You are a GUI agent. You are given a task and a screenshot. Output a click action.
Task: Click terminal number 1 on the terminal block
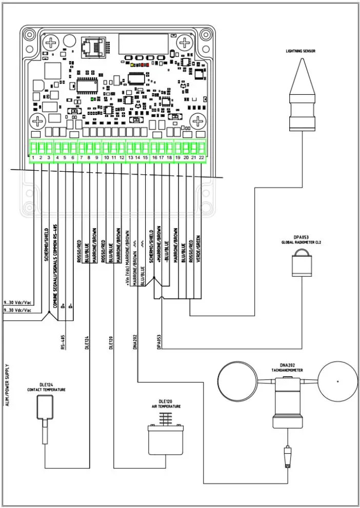[33, 157]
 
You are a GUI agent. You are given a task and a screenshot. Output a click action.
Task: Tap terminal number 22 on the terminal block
[202, 157]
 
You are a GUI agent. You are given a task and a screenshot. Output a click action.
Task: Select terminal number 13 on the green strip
[130, 157]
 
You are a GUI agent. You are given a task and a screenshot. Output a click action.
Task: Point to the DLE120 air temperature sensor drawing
[166, 436]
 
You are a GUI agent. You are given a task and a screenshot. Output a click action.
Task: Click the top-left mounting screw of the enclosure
[51, 43]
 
